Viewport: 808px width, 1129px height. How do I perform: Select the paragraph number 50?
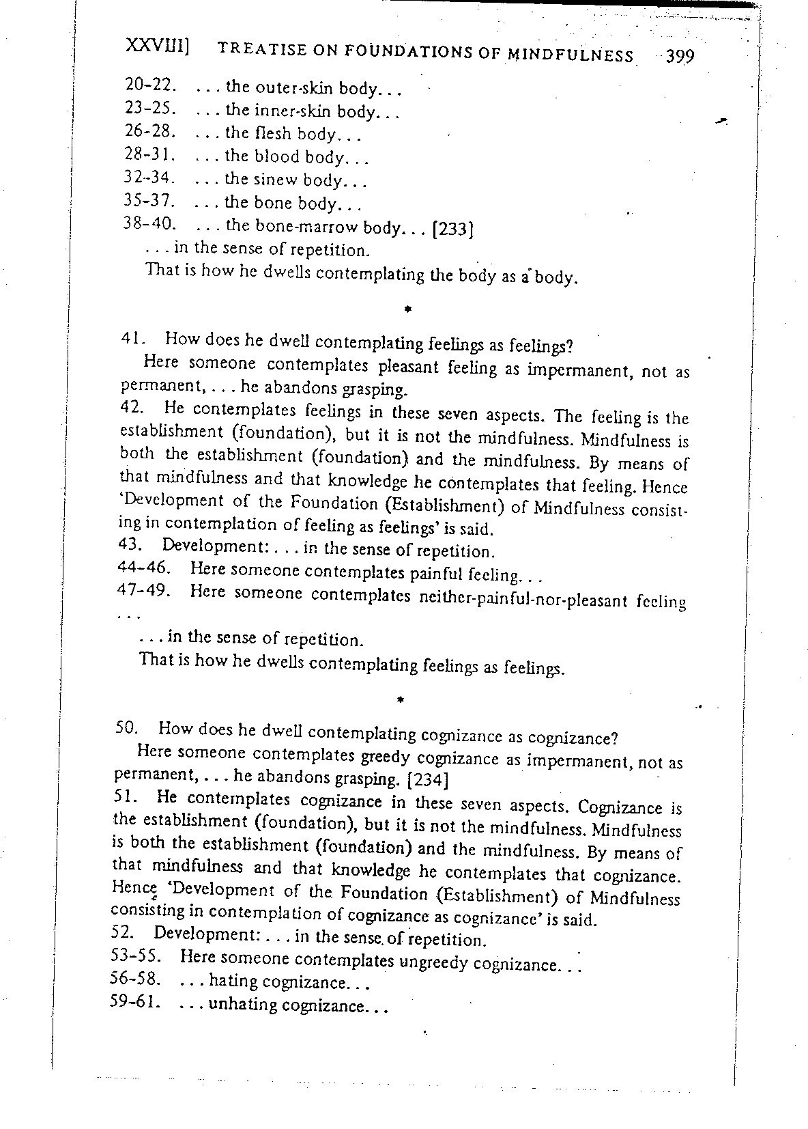(127, 728)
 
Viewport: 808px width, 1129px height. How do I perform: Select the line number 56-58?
(135, 979)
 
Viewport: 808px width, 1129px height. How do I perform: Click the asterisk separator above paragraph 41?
(406, 310)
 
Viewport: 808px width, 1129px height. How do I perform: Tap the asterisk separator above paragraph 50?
(401, 699)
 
